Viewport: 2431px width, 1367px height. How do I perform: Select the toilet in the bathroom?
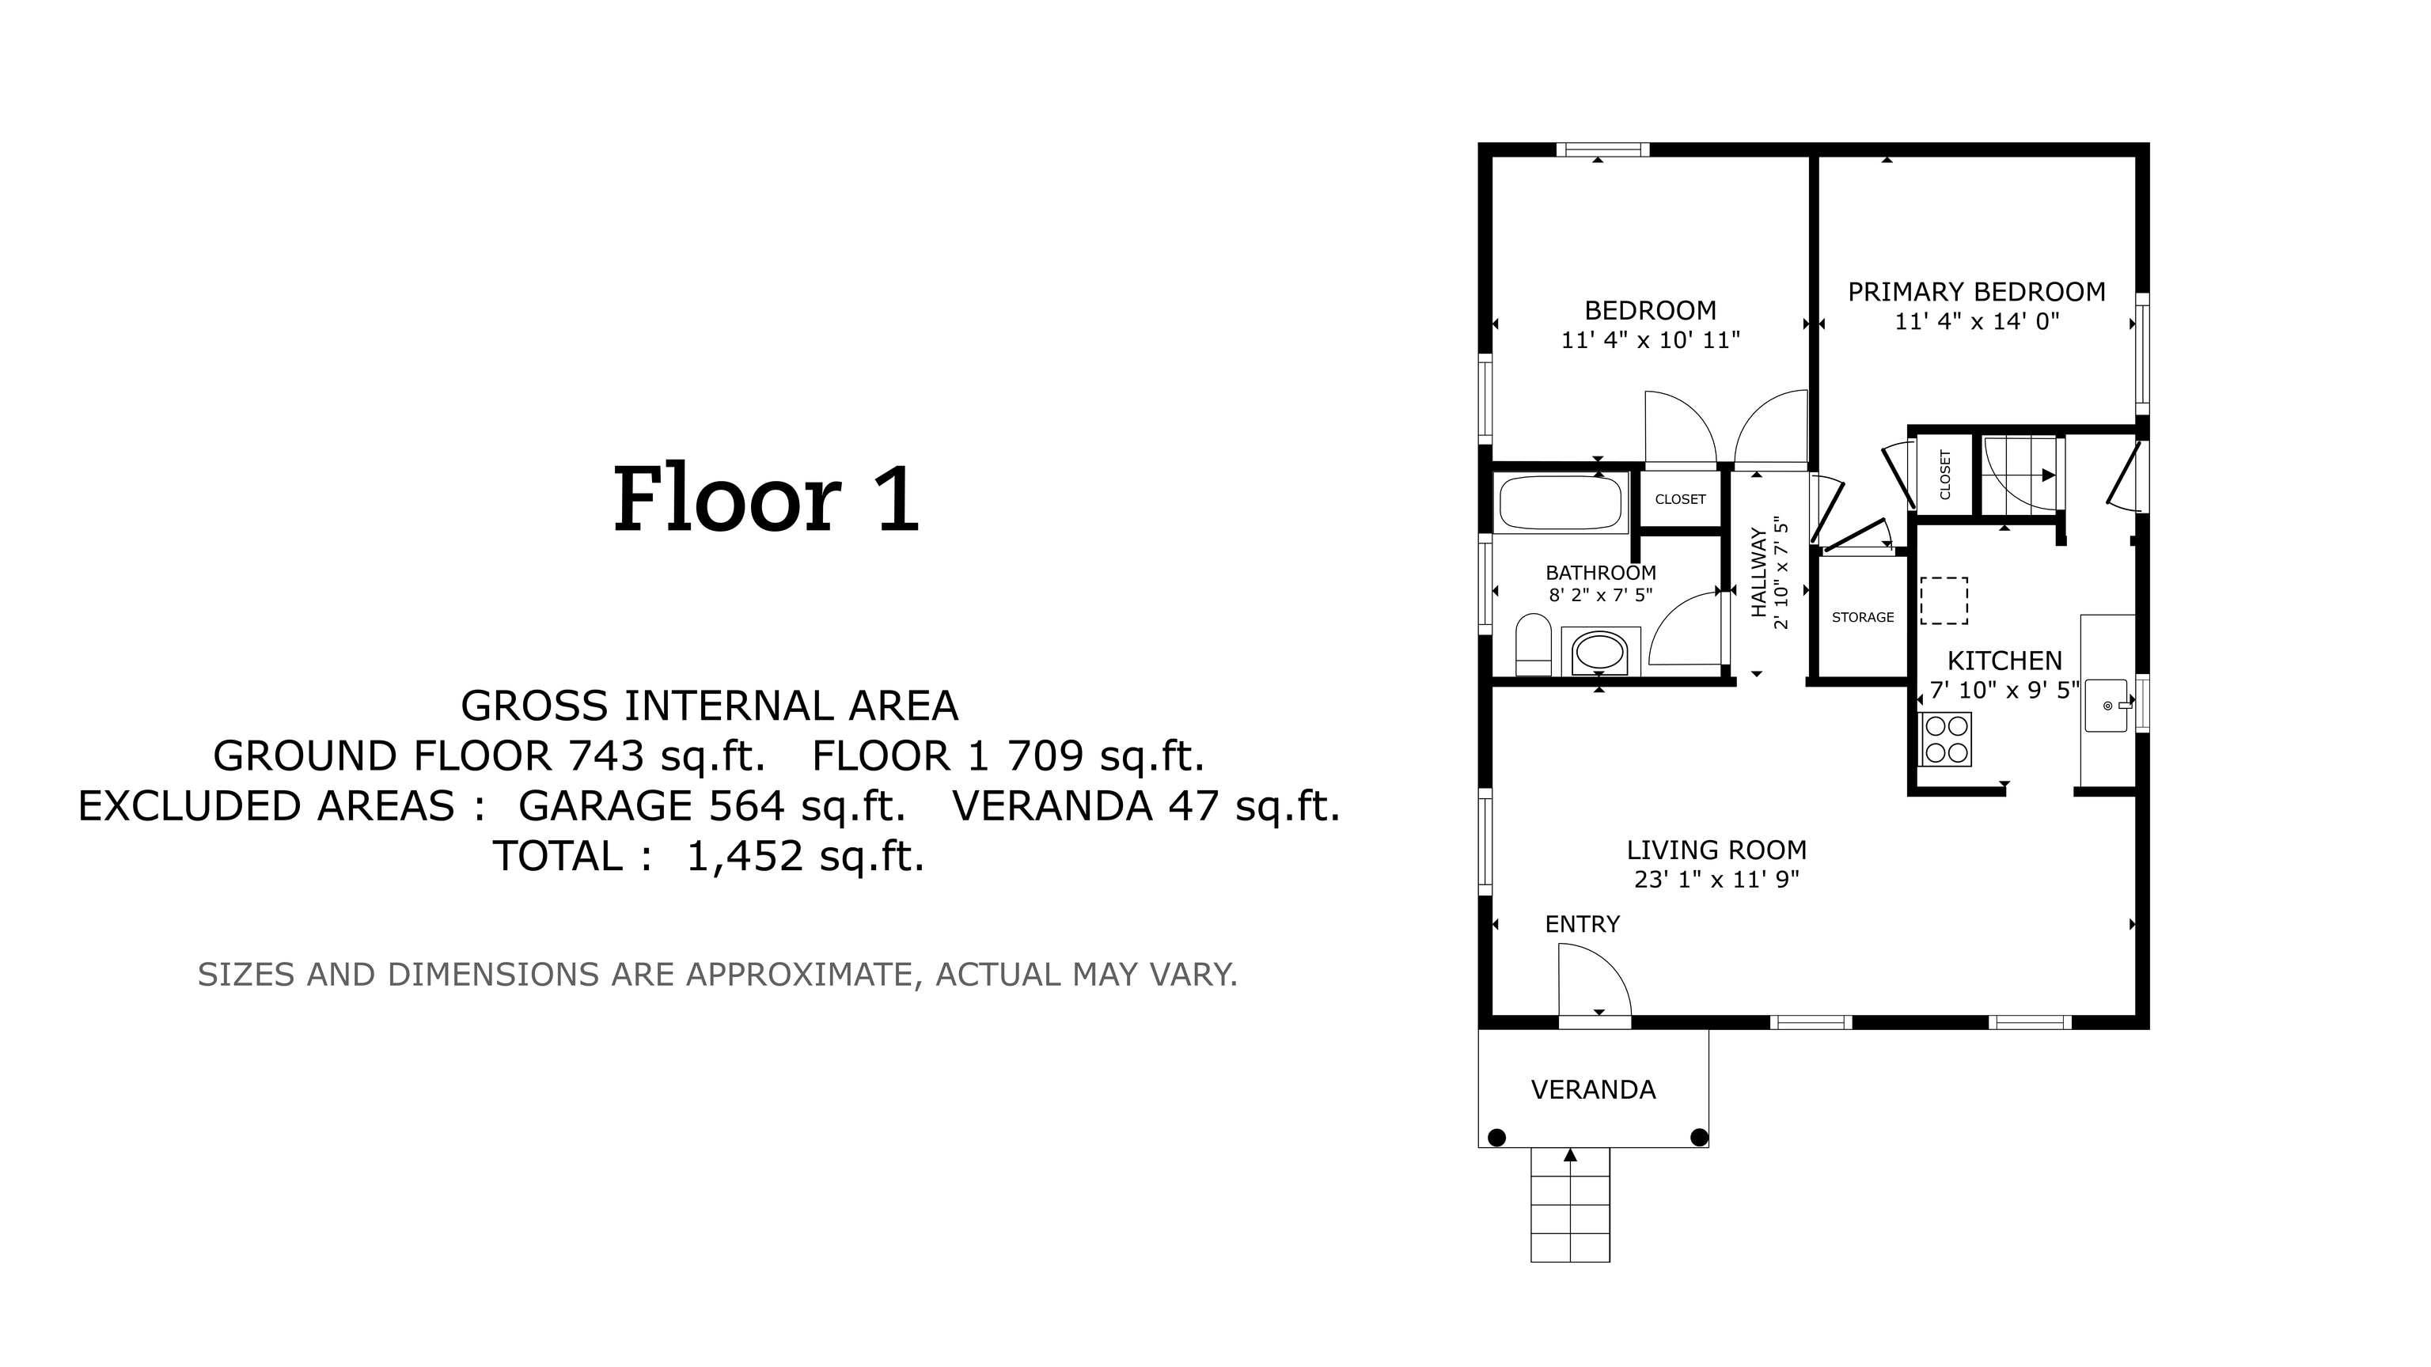[x=1534, y=646]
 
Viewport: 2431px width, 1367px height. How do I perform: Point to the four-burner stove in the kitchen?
[x=1946, y=739]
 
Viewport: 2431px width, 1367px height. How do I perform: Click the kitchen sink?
[x=2107, y=705]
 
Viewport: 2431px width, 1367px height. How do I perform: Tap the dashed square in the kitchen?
[x=1944, y=601]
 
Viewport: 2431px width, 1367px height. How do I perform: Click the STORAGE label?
[x=1863, y=617]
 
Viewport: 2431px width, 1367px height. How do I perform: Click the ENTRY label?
[x=1583, y=925]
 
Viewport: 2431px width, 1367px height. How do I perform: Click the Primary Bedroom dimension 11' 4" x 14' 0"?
[x=1977, y=322]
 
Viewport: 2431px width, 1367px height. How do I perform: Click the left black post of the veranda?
[x=1496, y=1138]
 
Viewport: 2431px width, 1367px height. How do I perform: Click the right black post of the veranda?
[x=1699, y=1138]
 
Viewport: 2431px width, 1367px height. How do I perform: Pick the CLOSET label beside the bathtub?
[x=1681, y=499]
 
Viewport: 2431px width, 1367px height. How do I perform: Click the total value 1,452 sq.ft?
[x=805, y=857]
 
